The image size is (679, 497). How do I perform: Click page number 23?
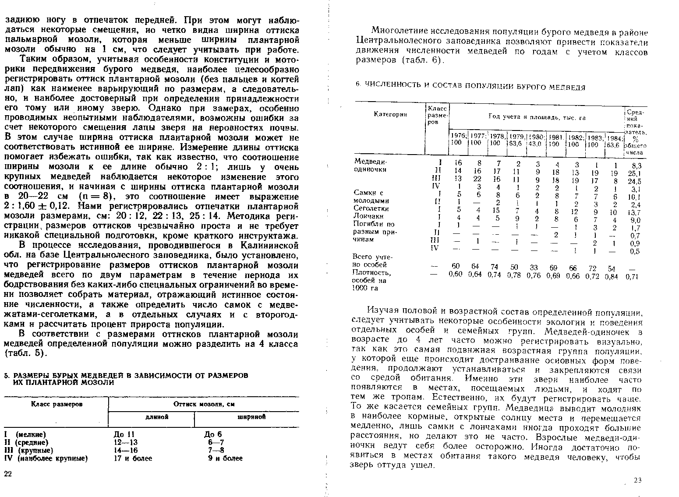pyautogui.click(x=637, y=480)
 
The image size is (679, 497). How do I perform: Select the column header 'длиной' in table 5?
pyautogui.click(x=151, y=417)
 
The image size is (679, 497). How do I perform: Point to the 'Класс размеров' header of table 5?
pyautogui.click(x=56, y=404)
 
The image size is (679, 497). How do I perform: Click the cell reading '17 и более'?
pyautogui.click(x=133, y=458)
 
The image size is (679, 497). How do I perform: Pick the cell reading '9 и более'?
pyautogui.click(x=225, y=458)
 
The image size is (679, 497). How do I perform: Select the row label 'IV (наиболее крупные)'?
pyautogui.click(x=46, y=458)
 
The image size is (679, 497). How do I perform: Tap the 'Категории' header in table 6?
pyautogui.click(x=390, y=114)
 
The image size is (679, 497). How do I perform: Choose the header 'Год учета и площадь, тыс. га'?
pyautogui.click(x=537, y=117)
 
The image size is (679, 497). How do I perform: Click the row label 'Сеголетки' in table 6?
pyautogui.click(x=371, y=208)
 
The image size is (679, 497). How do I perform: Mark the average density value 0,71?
pyautogui.click(x=632, y=277)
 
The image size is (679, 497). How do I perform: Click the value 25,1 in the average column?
pyautogui.click(x=633, y=173)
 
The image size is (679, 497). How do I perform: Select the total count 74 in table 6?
pyautogui.click(x=495, y=267)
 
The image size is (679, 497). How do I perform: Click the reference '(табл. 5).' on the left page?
pyautogui.click(x=25, y=353)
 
